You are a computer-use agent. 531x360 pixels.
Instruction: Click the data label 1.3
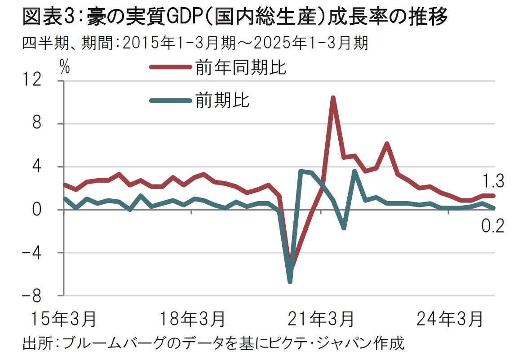[x=493, y=181]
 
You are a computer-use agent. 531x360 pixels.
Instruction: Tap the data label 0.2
[x=493, y=226]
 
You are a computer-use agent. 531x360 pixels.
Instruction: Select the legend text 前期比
[x=222, y=100]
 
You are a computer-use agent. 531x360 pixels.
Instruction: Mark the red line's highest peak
[x=332, y=98]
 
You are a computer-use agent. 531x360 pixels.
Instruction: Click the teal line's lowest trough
[x=290, y=281]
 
